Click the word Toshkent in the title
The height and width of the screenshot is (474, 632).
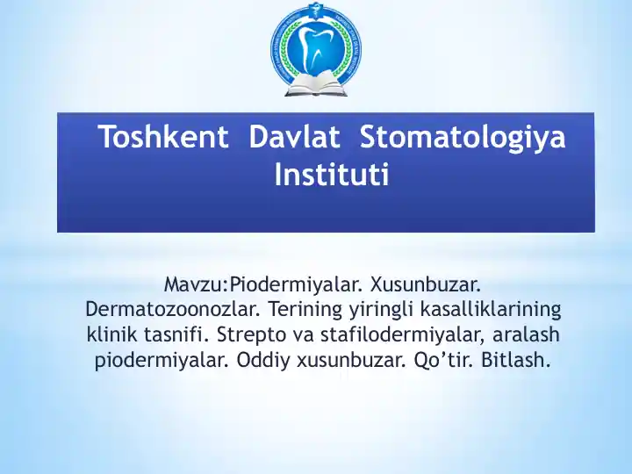pyautogui.click(x=163, y=139)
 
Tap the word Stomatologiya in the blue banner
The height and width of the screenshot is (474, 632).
pyautogui.click(x=463, y=139)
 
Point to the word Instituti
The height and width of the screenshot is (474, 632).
pyautogui.click(x=331, y=176)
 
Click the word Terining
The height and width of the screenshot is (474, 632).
pyautogui.click(x=305, y=310)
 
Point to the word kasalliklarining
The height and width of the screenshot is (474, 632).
pyautogui.click(x=491, y=310)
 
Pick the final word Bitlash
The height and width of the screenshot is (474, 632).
pyautogui.click(x=517, y=361)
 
